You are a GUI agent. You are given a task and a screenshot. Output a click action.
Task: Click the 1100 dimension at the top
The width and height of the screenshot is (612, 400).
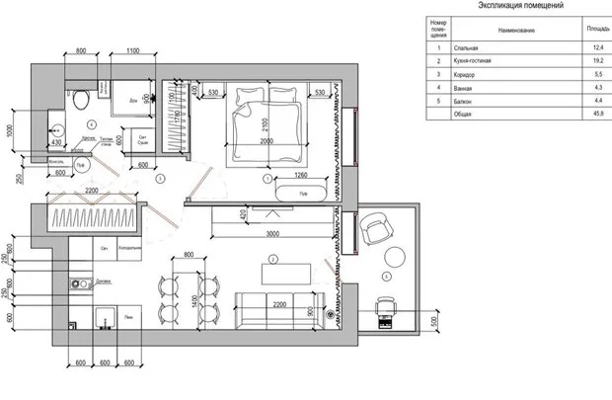pyautogui.click(x=133, y=51)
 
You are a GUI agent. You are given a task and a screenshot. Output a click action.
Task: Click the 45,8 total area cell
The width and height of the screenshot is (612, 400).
pyautogui.click(x=597, y=114)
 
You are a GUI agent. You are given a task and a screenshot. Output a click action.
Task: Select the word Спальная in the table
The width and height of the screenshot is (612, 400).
pyautogui.click(x=465, y=47)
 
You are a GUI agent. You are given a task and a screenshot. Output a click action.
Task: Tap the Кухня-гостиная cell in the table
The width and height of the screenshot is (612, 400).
pyautogui.click(x=473, y=61)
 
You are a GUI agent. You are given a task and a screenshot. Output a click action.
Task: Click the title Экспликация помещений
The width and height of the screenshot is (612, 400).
pyautogui.click(x=520, y=6)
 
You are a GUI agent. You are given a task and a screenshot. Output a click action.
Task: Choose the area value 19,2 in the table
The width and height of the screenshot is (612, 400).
pyautogui.click(x=597, y=61)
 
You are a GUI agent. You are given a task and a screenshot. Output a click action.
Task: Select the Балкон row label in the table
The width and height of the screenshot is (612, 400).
pyautogui.click(x=463, y=101)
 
